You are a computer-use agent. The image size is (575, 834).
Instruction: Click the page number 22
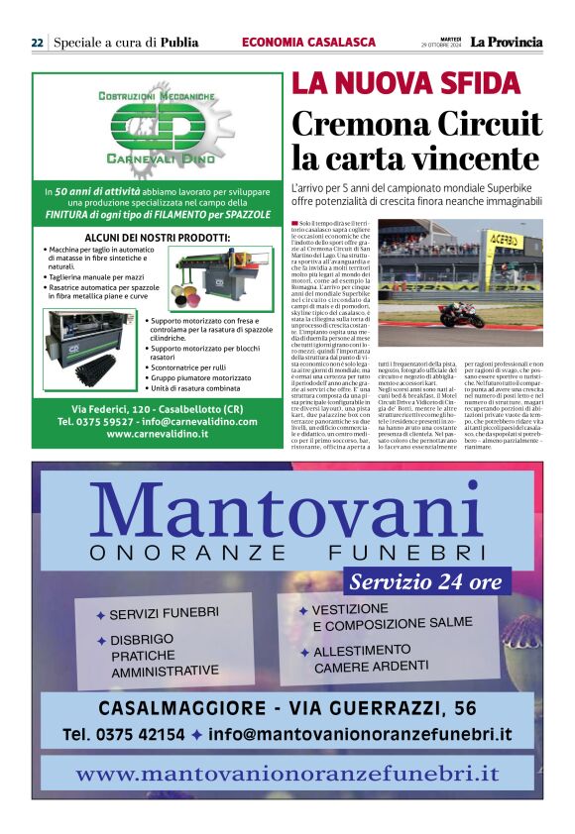point(37,43)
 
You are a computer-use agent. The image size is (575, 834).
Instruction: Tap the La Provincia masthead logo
point(506,42)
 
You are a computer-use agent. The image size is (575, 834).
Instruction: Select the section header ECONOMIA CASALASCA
point(308,43)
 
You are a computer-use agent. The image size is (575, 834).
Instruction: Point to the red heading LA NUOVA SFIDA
point(377,85)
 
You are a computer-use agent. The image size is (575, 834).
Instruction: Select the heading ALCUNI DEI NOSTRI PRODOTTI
point(157,238)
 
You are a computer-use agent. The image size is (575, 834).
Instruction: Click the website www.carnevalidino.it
point(157,434)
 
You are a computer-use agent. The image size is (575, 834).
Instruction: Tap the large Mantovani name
point(287,511)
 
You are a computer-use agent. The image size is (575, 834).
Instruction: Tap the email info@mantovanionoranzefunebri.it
point(361,734)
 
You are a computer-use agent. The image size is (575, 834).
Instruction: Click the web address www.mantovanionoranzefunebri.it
point(287,773)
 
